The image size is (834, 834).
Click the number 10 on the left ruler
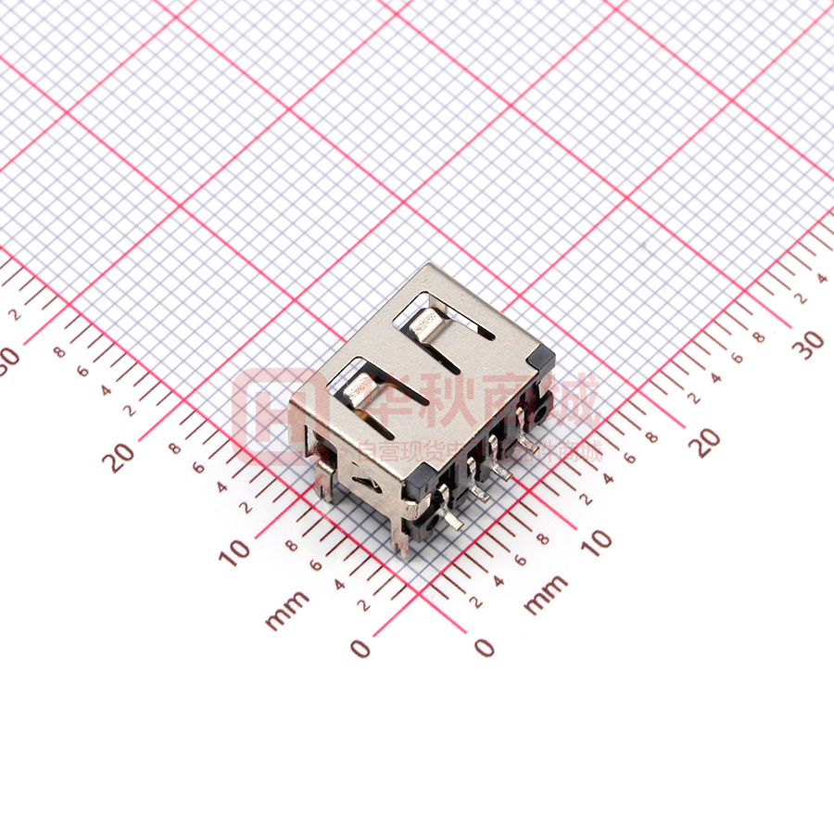click(x=235, y=551)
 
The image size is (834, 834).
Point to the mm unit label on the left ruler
click(x=286, y=611)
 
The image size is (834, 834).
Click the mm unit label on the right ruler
click(x=546, y=595)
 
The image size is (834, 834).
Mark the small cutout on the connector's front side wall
click(x=369, y=482)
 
